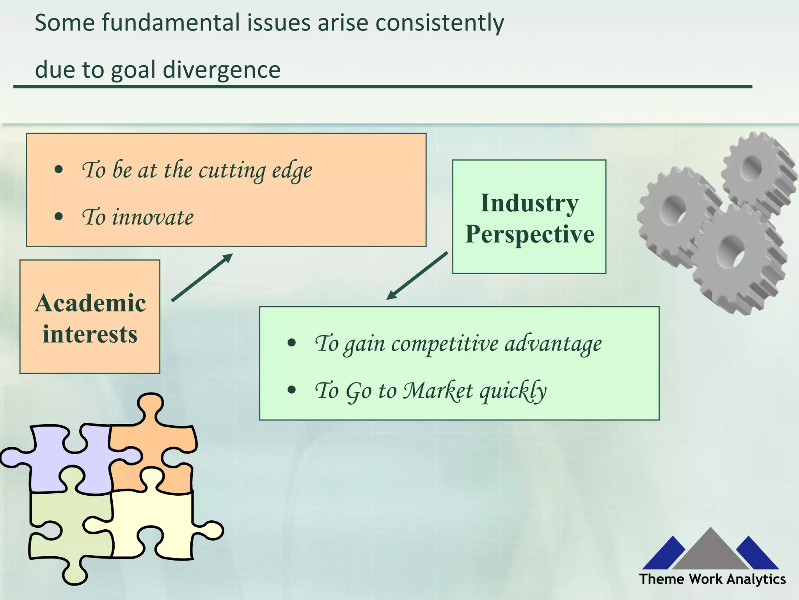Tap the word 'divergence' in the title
221,70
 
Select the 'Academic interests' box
90,317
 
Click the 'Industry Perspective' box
529,217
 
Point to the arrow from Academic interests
202,277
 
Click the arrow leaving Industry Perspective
417,276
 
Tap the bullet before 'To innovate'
59,216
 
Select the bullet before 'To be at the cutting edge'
59,170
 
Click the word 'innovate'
153,217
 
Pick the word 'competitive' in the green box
445,344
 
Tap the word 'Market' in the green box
438,391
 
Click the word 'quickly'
513,391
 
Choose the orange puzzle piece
156,441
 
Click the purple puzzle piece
78,461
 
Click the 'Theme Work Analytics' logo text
712,579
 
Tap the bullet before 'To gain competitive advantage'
291,343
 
